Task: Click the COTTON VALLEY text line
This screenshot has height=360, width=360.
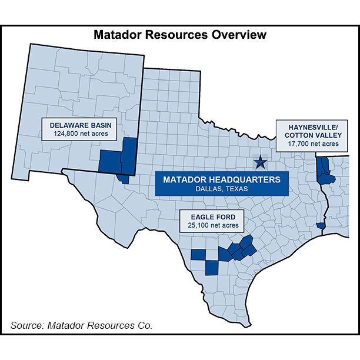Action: (x=314, y=135)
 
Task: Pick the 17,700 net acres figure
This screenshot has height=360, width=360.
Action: (x=314, y=144)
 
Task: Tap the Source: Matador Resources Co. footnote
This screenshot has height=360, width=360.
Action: (x=81, y=325)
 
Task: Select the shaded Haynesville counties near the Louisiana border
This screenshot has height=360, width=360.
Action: (x=324, y=171)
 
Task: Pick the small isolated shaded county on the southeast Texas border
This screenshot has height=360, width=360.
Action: (x=321, y=225)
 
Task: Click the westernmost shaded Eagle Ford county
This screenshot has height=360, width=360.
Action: (x=198, y=255)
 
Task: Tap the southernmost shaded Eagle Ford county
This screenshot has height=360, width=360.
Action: (x=211, y=268)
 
